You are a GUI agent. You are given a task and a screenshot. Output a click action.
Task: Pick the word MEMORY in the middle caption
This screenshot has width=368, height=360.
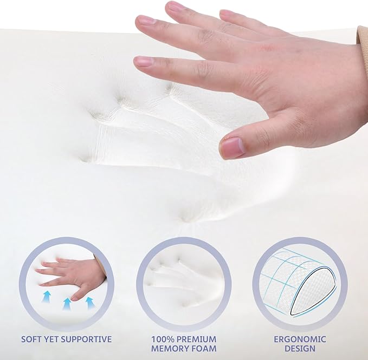coord(169,349)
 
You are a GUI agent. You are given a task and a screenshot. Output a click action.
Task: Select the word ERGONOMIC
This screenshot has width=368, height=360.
coord(300,339)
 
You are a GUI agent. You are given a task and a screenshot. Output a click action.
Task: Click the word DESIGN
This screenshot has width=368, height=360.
coord(300,349)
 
